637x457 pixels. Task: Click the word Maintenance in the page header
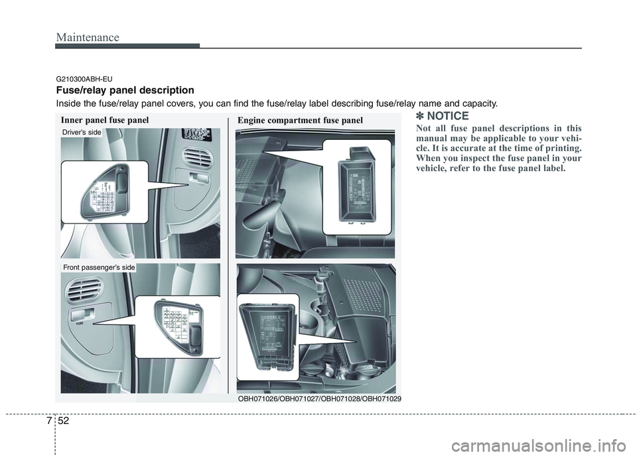click(x=87, y=37)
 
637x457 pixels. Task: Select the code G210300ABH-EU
click(x=84, y=79)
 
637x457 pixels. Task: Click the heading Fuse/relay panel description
click(x=125, y=90)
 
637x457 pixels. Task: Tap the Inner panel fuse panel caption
click(x=105, y=120)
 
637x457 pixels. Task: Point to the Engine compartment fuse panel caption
click(x=300, y=120)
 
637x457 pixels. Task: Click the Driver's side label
click(x=82, y=133)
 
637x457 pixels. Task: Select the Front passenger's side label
click(x=98, y=267)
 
